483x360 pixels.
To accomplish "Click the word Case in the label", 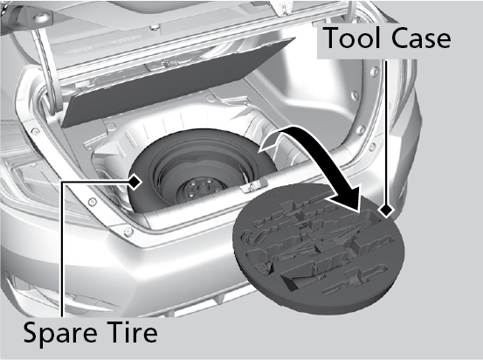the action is (421, 38).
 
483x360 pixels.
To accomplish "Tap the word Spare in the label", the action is (60, 334).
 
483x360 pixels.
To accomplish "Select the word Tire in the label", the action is (134, 332).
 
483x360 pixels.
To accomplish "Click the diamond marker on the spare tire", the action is (135, 182).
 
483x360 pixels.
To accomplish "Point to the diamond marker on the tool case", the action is (386, 211).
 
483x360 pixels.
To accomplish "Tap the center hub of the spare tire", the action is (202, 189).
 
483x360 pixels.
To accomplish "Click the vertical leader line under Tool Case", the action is (386, 132).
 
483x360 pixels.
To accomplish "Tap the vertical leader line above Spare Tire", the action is (62, 250).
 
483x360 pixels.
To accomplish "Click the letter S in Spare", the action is (32, 332).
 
